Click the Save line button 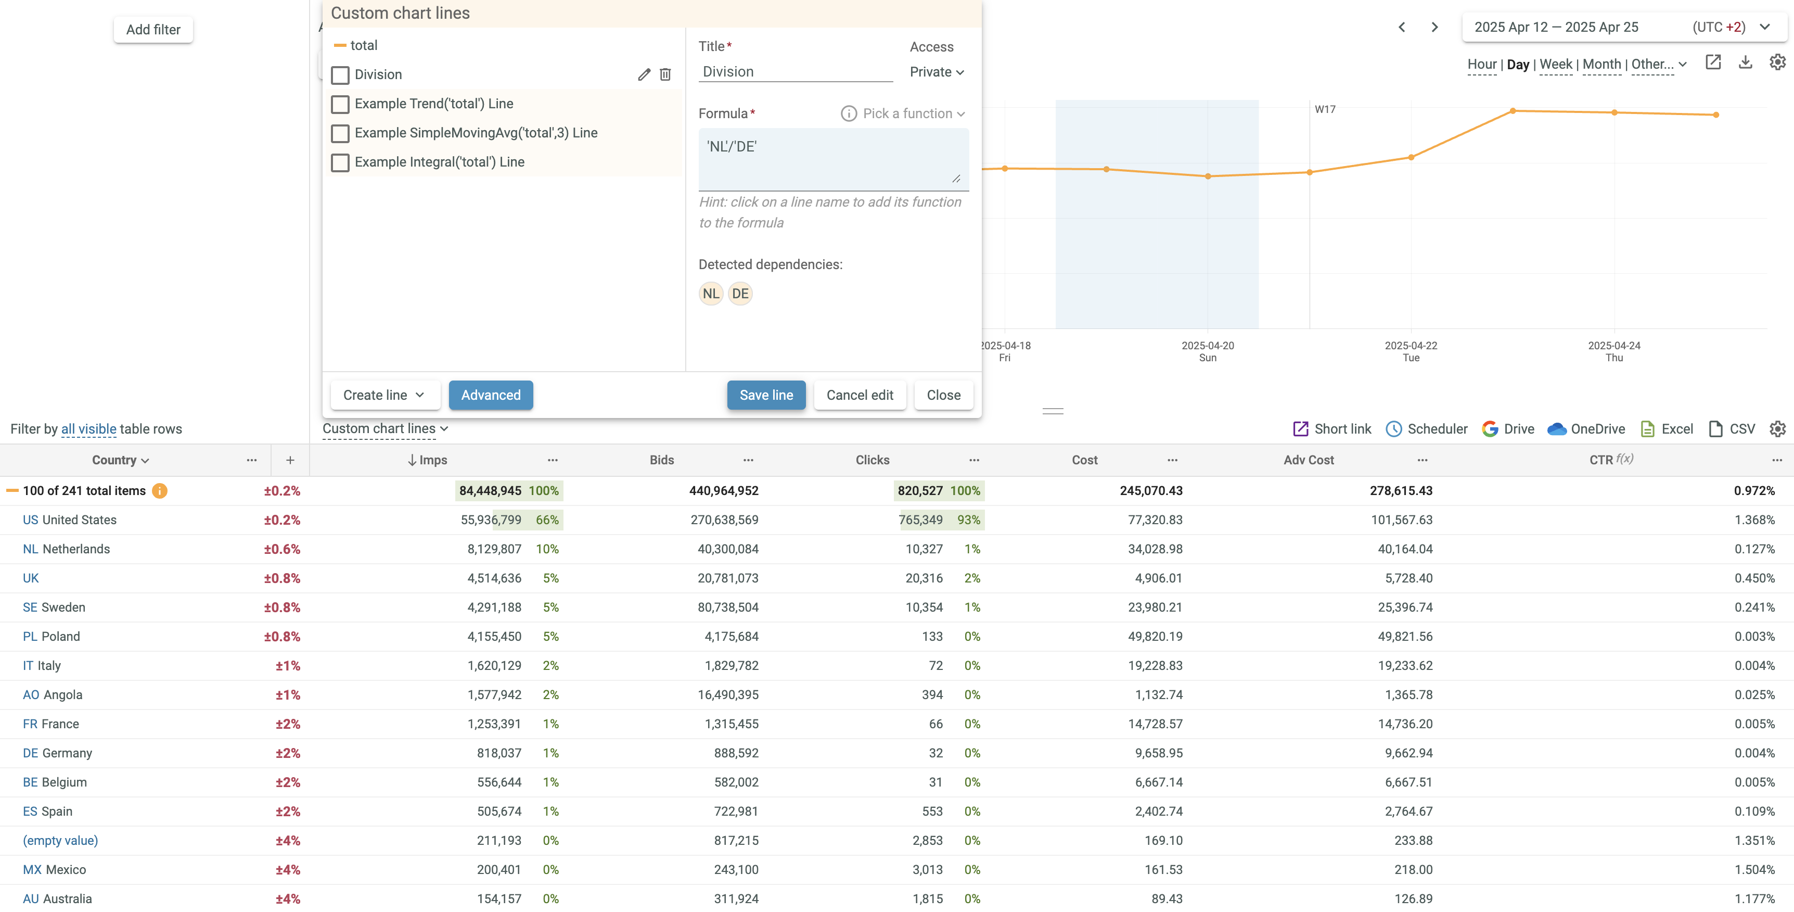tap(765, 395)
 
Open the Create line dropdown tap(384, 395)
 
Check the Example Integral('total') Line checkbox tap(340, 162)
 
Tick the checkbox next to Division tap(340, 74)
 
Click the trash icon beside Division tap(665, 74)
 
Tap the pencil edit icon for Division tap(644, 74)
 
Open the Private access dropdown tap(936, 72)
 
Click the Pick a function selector tap(903, 113)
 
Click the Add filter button tap(153, 29)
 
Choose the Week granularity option tap(1556, 64)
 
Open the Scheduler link tap(1427, 429)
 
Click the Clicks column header tap(872, 460)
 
